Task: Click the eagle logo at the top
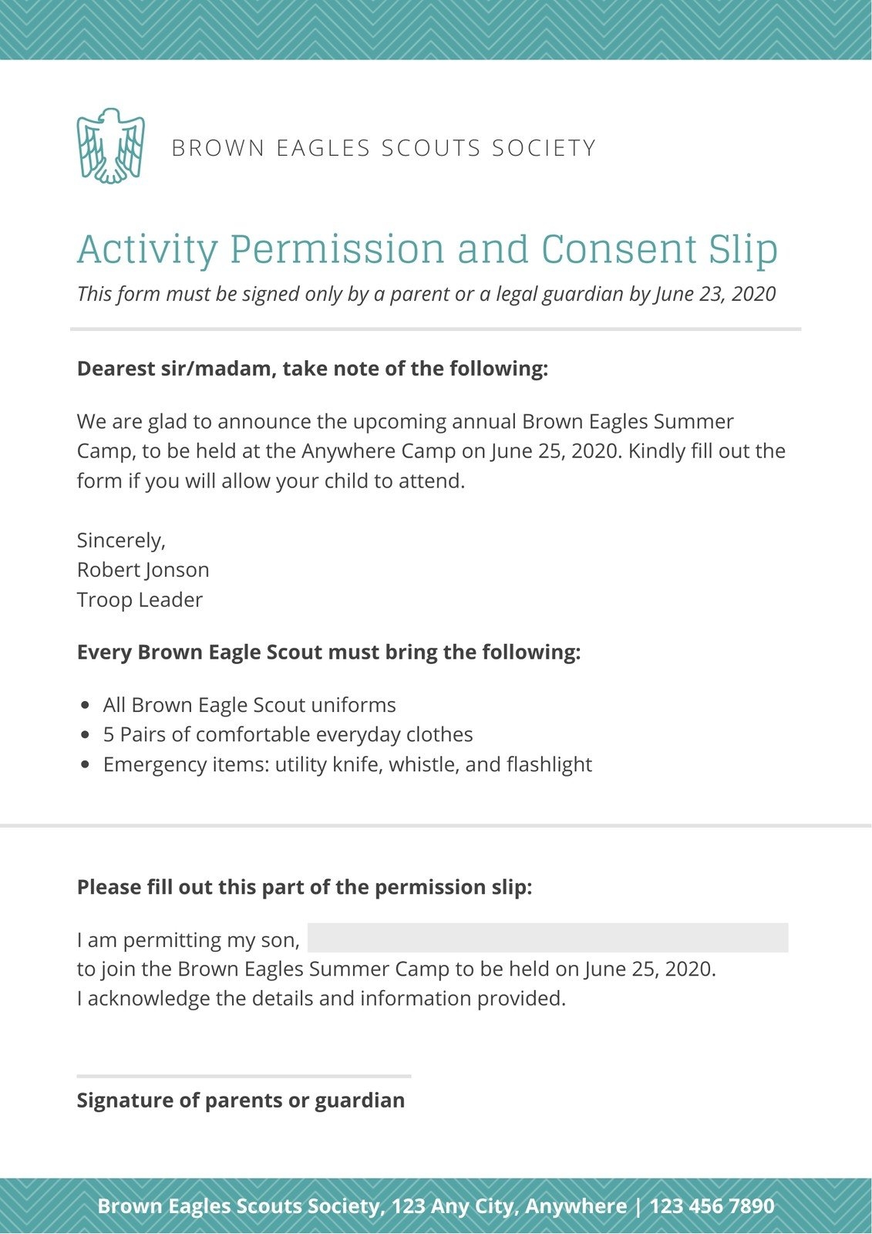click(x=110, y=146)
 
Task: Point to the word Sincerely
click(x=121, y=541)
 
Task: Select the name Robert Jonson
click(x=143, y=570)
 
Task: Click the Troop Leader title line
click(x=140, y=600)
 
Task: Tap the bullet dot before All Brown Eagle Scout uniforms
click(x=86, y=706)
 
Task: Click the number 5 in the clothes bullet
click(x=109, y=735)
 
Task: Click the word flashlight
click(x=549, y=764)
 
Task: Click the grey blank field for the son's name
click(x=547, y=938)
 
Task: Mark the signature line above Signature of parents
click(x=244, y=1076)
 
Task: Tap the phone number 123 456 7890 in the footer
click(x=712, y=1206)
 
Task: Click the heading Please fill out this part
click(x=305, y=887)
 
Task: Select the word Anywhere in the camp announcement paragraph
click(x=345, y=451)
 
